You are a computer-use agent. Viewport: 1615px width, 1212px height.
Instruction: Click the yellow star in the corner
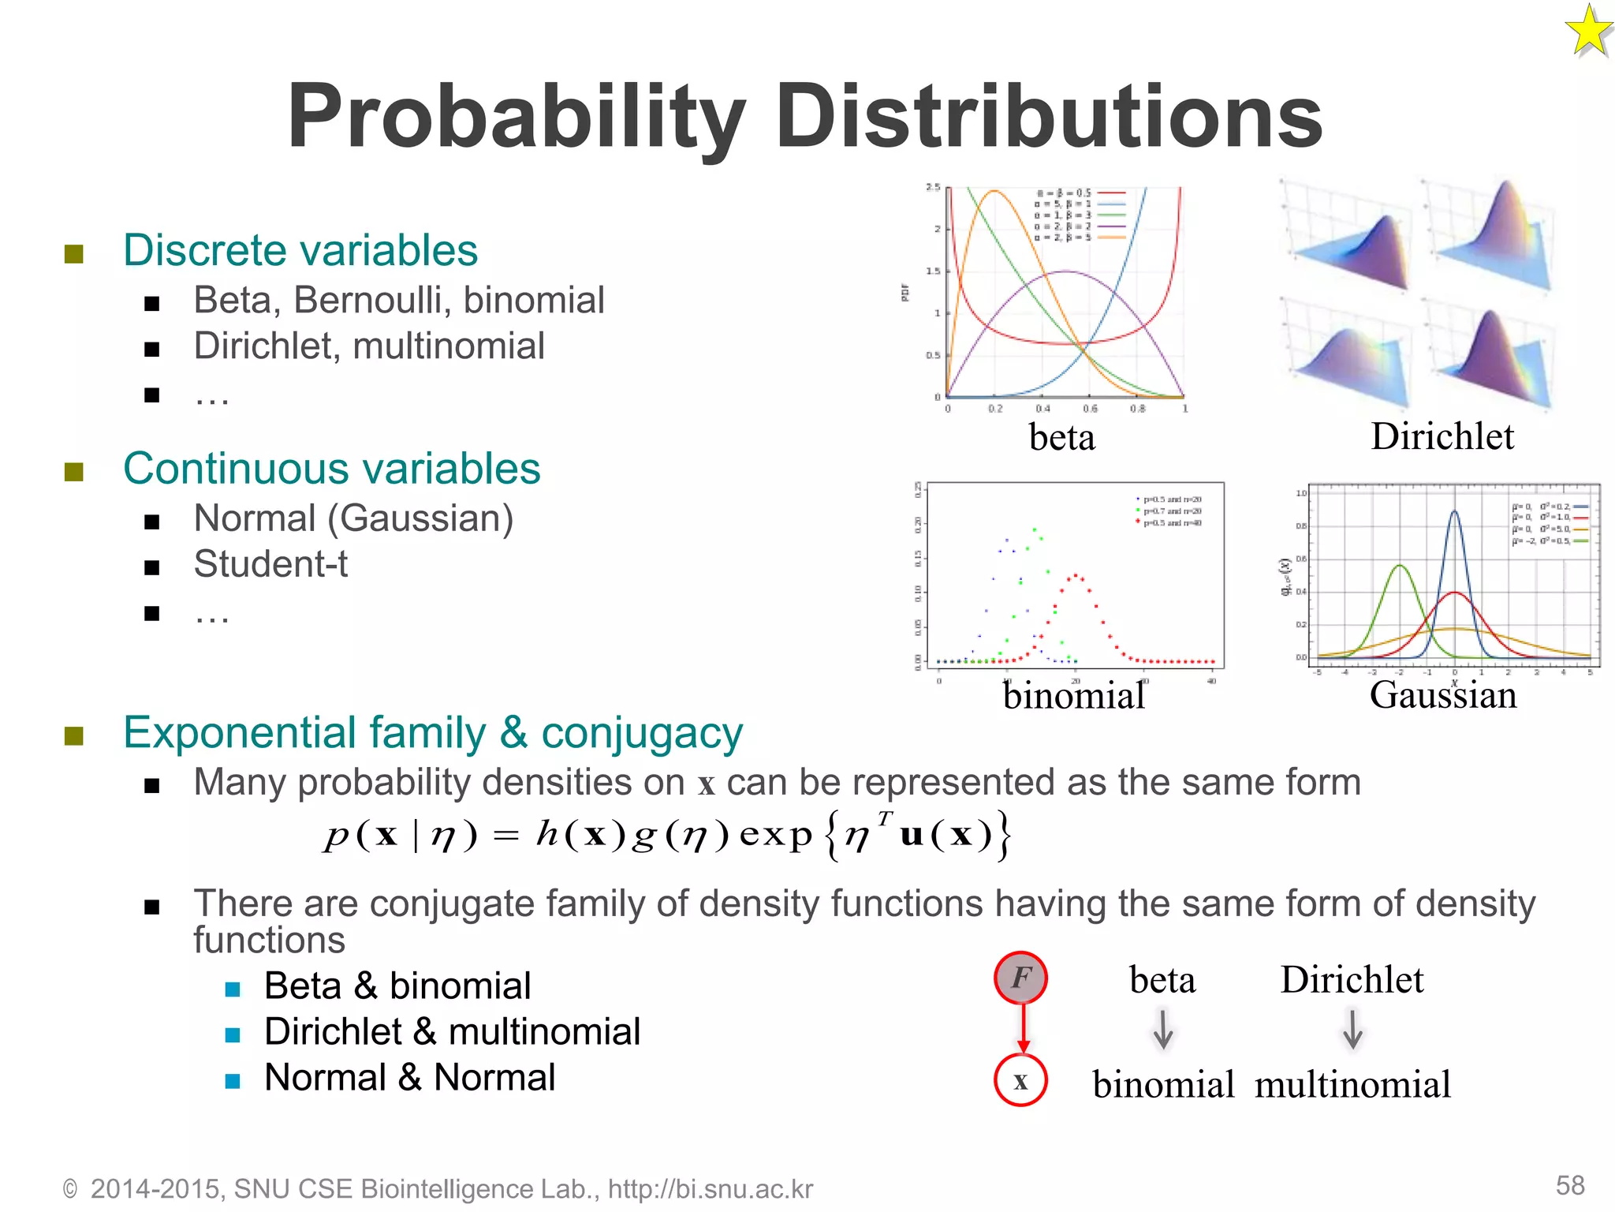point(1588,32)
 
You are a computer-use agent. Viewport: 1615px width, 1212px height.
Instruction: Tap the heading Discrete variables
point(300,251)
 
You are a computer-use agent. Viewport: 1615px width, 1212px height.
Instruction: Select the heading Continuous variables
point(331,469)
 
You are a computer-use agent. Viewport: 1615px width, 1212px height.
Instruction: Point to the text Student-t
point(270,564)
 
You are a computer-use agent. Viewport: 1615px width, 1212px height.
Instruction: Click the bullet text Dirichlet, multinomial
point(369,346)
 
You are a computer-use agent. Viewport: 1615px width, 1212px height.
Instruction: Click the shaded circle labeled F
point(1020,978)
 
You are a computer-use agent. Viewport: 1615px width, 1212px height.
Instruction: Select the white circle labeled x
point(1020,1080)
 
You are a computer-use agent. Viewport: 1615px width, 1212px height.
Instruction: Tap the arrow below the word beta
point(1163,1029)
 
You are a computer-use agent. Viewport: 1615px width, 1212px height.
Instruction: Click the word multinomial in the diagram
point(1352,1085)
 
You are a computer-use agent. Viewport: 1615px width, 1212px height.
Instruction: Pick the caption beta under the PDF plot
point(1061,437)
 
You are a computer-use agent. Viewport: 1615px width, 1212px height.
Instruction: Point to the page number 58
point(1570,1185)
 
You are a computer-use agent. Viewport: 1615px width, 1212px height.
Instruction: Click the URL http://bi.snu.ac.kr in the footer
point(710,1189)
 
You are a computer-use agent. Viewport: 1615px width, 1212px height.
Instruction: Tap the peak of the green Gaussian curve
point(1400,565)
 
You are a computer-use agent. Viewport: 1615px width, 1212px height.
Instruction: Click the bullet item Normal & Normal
point(409,1078)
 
